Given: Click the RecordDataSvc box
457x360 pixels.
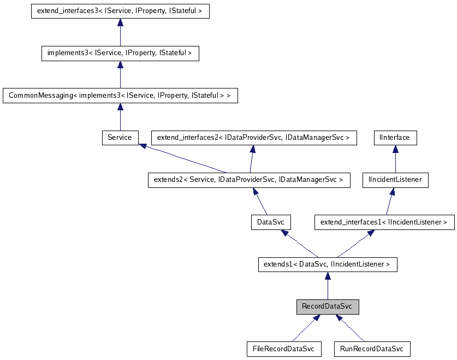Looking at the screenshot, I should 327,307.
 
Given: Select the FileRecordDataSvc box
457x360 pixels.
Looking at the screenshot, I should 284,349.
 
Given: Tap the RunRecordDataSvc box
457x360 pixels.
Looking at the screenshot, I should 371,349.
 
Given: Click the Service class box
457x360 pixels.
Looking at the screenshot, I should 120,138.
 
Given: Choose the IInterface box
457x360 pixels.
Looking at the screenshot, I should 395,138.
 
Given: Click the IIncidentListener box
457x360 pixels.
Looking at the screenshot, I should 395,180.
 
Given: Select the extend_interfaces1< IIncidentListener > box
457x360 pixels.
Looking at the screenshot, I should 384,222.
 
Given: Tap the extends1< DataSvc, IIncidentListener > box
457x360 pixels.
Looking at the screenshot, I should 327,264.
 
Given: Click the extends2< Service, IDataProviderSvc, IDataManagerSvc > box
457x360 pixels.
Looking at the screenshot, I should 248,180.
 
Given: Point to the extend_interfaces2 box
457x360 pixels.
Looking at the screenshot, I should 253,138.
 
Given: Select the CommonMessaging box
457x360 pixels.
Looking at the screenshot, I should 120,96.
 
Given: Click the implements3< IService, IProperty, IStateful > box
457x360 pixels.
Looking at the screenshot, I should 120,53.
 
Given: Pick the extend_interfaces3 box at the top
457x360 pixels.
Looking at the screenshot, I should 120,11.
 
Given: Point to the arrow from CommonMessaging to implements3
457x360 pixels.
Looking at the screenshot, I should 120,74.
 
